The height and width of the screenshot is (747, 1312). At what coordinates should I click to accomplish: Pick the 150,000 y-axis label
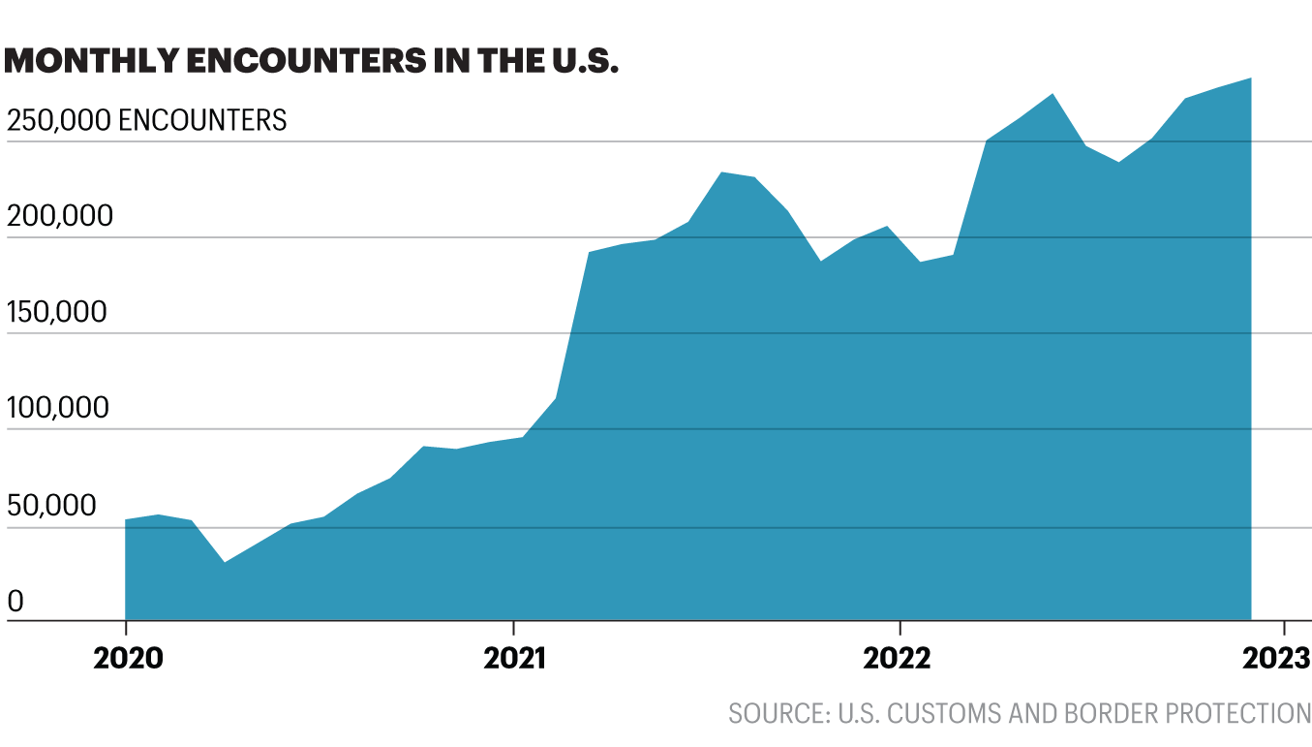(x=58, y=312)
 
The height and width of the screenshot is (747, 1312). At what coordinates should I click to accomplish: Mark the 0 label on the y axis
(x=15, y=602)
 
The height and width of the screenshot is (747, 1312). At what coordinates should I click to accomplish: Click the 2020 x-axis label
(x=126, y=658)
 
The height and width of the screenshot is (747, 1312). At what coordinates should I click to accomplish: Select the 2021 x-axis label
(x=514, y=658)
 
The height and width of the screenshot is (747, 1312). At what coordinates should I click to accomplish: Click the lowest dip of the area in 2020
(x=224, y=562)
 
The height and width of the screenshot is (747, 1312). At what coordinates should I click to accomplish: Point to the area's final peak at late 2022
(x=1251, y=78)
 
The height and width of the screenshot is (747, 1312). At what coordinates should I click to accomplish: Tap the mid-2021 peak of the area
(x=721, y=172)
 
